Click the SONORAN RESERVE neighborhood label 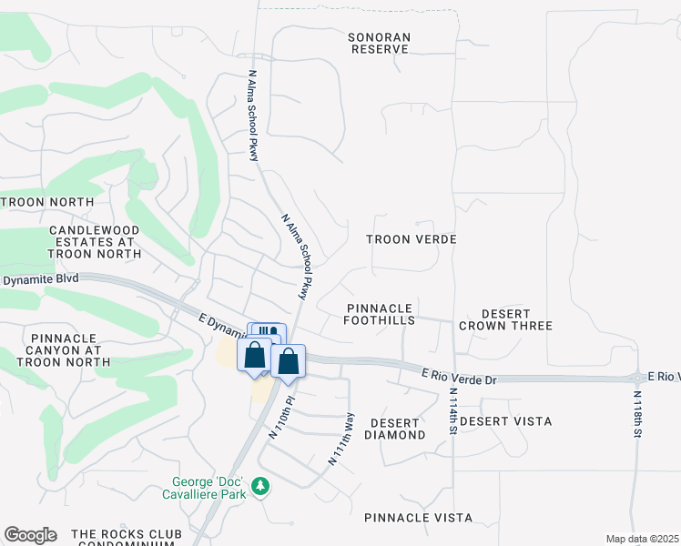pyautogui.click(x=380, y=43)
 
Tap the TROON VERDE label pyautogui.click(x=411, y=238)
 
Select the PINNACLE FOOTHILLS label pyautogui.click(x=380, y=315)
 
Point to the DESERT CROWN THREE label pyautogui.click(x=505, y=318)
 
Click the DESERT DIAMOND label pyautogui.click(x=394, y=429)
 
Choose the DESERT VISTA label pyautogui.click(x=506, y=421)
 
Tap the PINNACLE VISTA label pyautogui.click(x=418, y=517)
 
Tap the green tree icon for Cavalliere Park pyautogui.click(x=261, y=488)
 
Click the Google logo pyautogui.click(x=30, y=535)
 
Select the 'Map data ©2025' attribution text pyautogui.click(x=641, y=539)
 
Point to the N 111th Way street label pyautogui.click(x=342, y=439)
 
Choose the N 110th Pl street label pyautogui.click(x=280, y=416)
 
